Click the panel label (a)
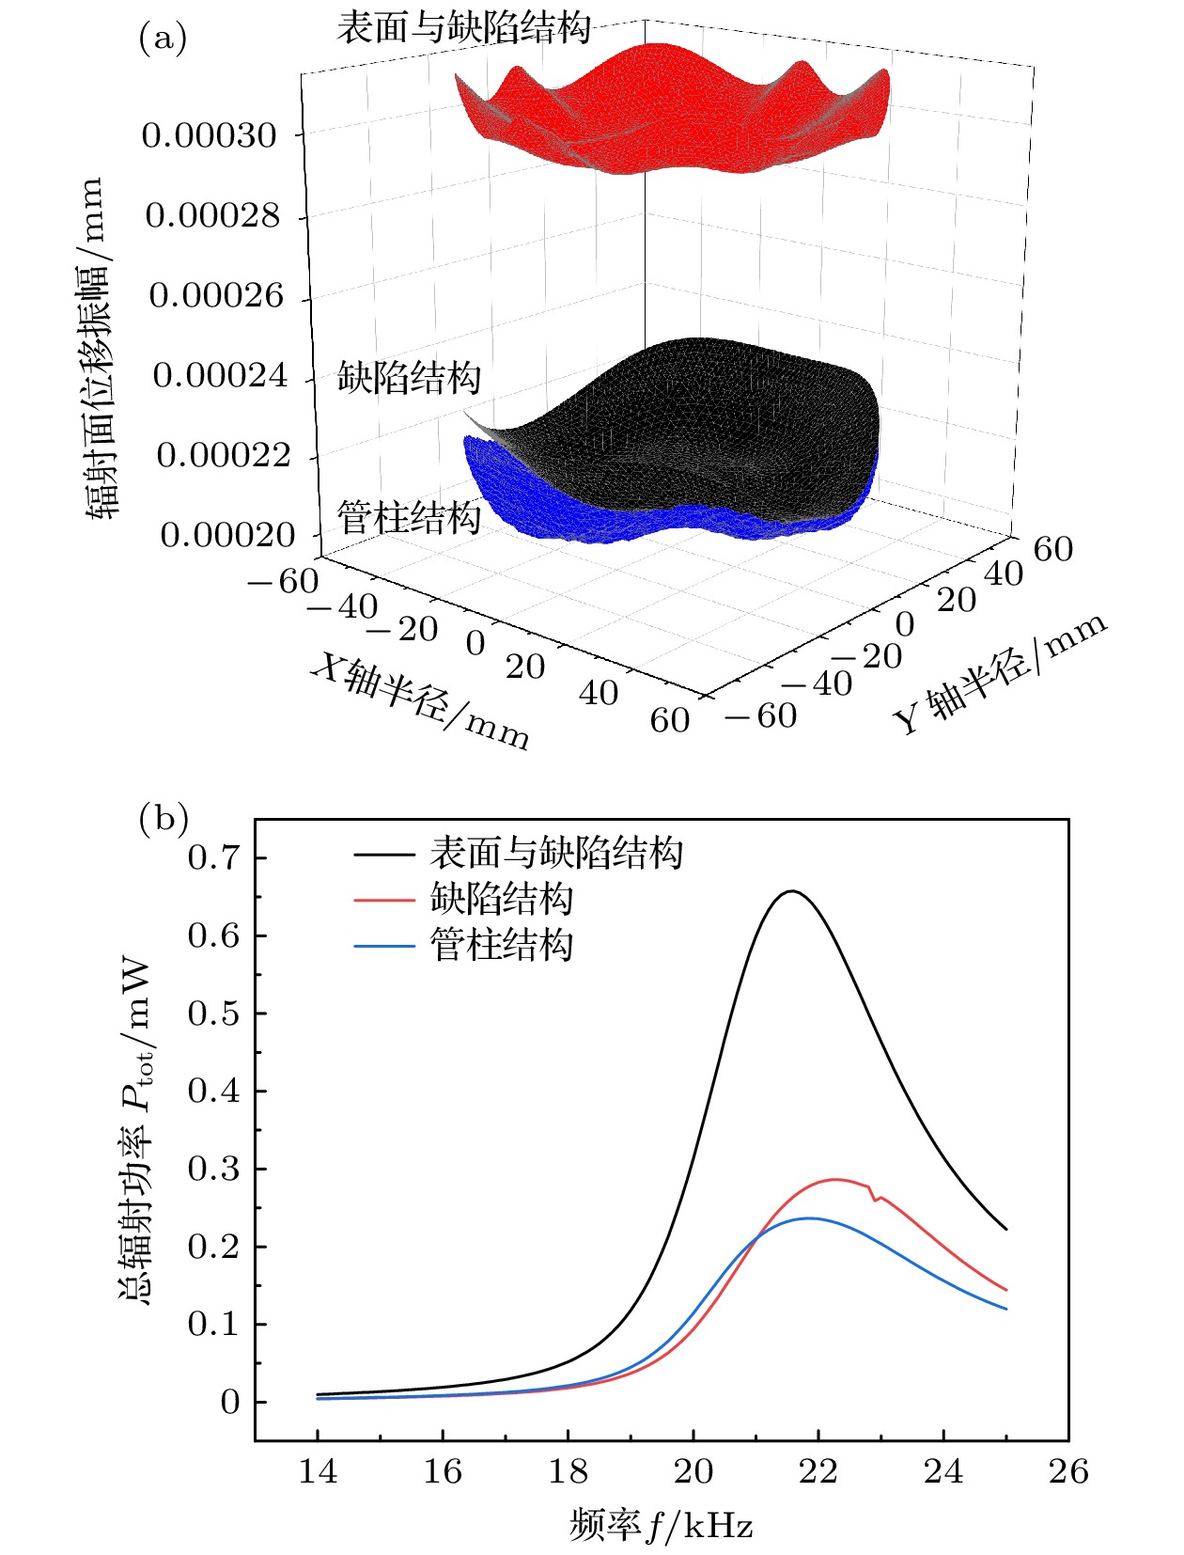coord(163,39)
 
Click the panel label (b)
coord(163,818)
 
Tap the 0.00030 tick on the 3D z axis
coord(210,136)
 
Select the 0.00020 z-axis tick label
coord(228,536)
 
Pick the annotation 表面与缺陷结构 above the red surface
coord(463,28)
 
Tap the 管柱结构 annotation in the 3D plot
coord(409,518)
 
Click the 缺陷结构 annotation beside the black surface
coord(409,378)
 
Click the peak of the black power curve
coord(792,891)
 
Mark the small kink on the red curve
coord(874,1199)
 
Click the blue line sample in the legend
coord(384,945)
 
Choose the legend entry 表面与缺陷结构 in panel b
coord(555,854)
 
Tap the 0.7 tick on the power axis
coord(213,858)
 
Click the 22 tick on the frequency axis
coord(818,1471)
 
